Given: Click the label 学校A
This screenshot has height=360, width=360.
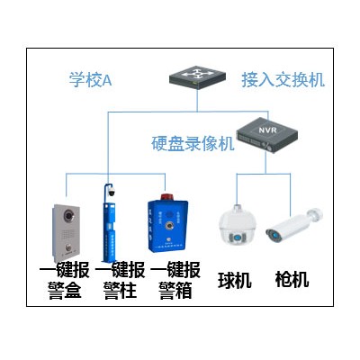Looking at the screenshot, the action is [x=90, y=79].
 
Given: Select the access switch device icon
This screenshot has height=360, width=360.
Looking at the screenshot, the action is [x=197, y=77].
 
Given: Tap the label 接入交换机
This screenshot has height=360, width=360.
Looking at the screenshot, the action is [x=283, y=80].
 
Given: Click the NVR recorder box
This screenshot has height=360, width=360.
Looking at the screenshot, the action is [x=267, y=135].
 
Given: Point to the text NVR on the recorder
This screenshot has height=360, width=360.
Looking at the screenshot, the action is [x=268, y=130].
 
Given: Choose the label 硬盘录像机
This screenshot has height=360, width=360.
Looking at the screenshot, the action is [x=193, y=143].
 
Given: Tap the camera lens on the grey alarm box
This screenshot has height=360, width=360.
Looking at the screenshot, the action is [x=68, y=215].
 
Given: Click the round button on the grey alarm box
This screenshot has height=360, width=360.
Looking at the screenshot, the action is [x=68, y=247].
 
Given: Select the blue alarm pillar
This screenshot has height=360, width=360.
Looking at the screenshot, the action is [x=109, y=223].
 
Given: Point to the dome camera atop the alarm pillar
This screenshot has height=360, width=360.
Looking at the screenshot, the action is [x=112, y=192].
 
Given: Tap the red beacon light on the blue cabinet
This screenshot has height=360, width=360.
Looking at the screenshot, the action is [x=166, y=197].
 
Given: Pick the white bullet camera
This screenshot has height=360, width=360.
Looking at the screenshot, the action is [x=294, y=226].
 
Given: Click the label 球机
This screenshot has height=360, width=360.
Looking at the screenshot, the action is [x=235, y=280].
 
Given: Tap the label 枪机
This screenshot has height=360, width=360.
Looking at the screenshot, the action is [x=292, y=279].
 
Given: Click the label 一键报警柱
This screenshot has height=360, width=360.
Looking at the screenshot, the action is [x=120, y=280].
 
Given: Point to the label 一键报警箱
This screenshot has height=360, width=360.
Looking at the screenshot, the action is [x=175, y=280].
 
